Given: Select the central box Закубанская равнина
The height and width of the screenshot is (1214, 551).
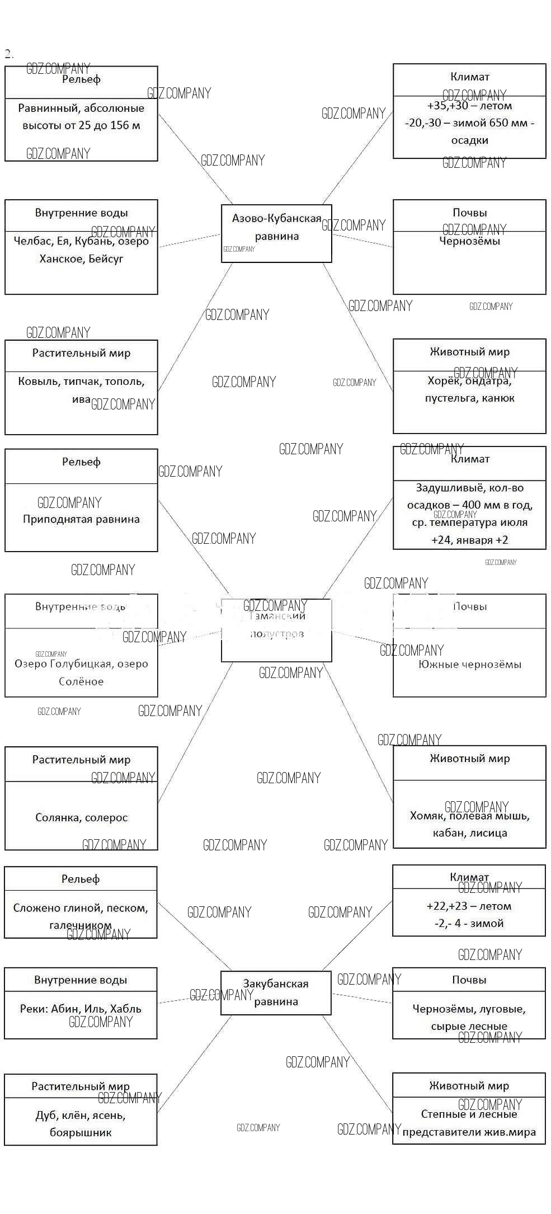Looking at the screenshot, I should tap(276, 992).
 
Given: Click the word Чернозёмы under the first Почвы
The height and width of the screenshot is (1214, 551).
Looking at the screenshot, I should tap(469, 241).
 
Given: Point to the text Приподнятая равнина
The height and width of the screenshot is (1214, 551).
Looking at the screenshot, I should tap(81, 519).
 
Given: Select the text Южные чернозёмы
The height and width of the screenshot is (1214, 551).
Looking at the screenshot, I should tap(469, 665).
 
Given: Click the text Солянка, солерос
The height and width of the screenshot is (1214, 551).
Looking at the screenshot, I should tap(81, 817).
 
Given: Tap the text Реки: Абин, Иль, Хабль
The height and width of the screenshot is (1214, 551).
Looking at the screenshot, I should tap(81, 1009).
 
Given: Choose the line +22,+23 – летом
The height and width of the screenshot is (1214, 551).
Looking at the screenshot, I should tap(469, 906).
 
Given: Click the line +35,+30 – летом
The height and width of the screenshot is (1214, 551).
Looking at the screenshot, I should tap(469, 106).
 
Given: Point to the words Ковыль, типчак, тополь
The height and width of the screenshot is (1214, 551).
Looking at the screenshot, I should tap(81, 382).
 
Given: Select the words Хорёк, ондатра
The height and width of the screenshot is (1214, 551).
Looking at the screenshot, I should tap(469, 381).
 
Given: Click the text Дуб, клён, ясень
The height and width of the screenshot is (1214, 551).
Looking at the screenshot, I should tap(81, 1116).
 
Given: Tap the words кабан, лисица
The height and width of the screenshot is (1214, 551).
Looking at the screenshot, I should tap(469, 833).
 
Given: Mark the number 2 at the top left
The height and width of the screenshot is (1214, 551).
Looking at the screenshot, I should tap(8, 54).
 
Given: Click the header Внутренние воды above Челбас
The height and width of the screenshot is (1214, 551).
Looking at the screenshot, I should tap(81, 213).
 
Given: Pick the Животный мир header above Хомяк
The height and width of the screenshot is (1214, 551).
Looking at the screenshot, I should tap(469, 759).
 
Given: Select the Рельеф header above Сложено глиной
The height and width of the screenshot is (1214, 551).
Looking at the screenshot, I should tap(81, 879).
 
